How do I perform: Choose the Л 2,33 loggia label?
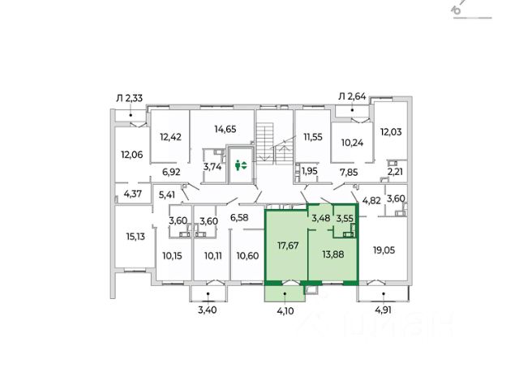[129, 99]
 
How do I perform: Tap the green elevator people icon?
[240, 165]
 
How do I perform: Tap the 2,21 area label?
[395, 172]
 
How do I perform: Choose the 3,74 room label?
[213, 167]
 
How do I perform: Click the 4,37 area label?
[134, 193]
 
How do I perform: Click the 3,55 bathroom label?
[345, 218]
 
